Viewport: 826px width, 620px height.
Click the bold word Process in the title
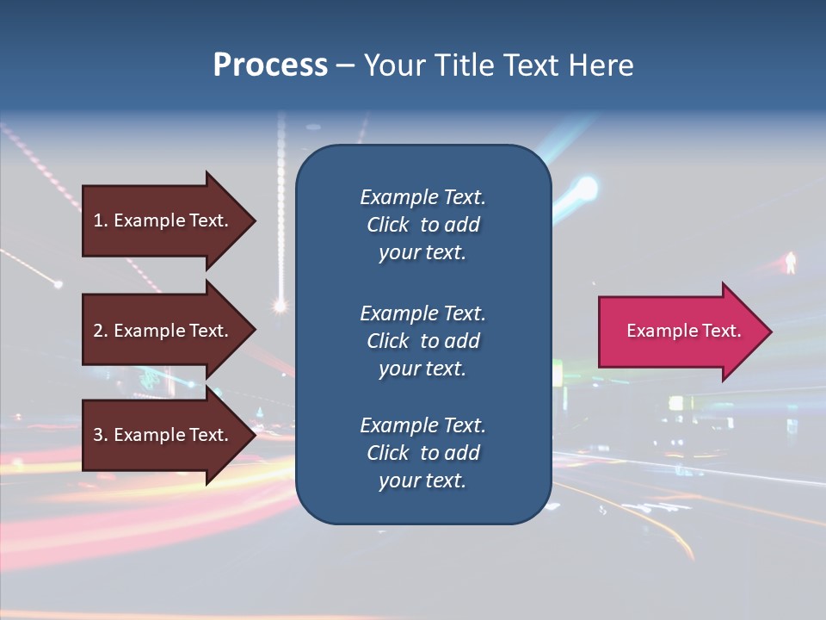point(270,65)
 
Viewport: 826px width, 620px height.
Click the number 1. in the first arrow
point(101,220)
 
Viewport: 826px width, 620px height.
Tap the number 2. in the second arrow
point(101,331)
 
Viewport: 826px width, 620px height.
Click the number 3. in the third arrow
point(101,435)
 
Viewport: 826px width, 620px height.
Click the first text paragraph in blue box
point(422,225)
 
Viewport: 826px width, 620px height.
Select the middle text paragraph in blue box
point(422,341)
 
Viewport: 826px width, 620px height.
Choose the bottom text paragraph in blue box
point(422,453)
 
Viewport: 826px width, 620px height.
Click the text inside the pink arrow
point(683,331)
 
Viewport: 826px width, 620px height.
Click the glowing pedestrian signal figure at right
point(790,263)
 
